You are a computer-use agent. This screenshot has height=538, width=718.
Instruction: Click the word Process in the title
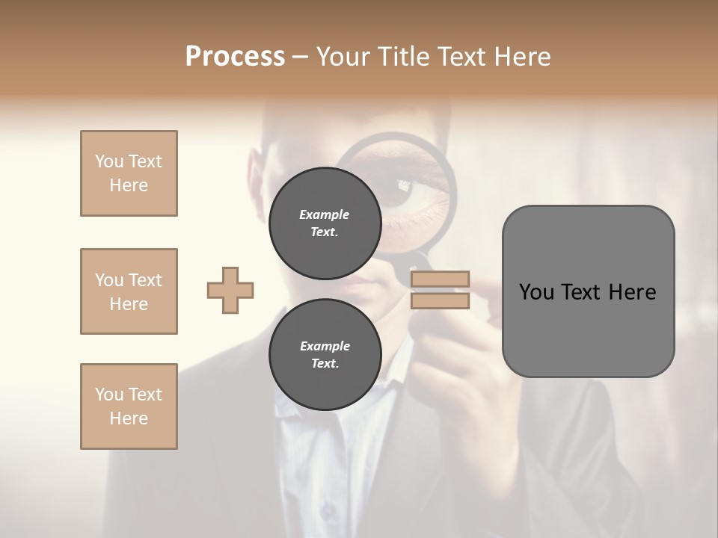(x=235, y=57)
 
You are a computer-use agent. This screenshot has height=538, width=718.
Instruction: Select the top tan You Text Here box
(x=129, y=173)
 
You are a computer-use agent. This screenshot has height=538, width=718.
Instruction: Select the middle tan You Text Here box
(x=129, y=291)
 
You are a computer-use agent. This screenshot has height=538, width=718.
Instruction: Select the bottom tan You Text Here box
(x=129, y=406)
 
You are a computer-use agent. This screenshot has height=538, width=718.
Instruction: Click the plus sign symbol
(x=230, y=290)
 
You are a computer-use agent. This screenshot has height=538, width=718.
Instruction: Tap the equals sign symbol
(x=440, y=290)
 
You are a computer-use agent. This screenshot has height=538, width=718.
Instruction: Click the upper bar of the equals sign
(x=440, y=279)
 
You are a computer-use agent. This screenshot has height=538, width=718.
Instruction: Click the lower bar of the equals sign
(x=440, y=301)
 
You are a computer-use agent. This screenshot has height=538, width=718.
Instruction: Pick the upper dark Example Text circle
(x=325, y=223)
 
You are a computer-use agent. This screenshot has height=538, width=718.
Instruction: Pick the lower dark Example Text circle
(x=325, y=355)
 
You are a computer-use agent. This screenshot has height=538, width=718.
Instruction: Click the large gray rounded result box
(x=588, y=291)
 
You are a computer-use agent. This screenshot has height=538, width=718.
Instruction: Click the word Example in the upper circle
(x=325, y=214)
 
